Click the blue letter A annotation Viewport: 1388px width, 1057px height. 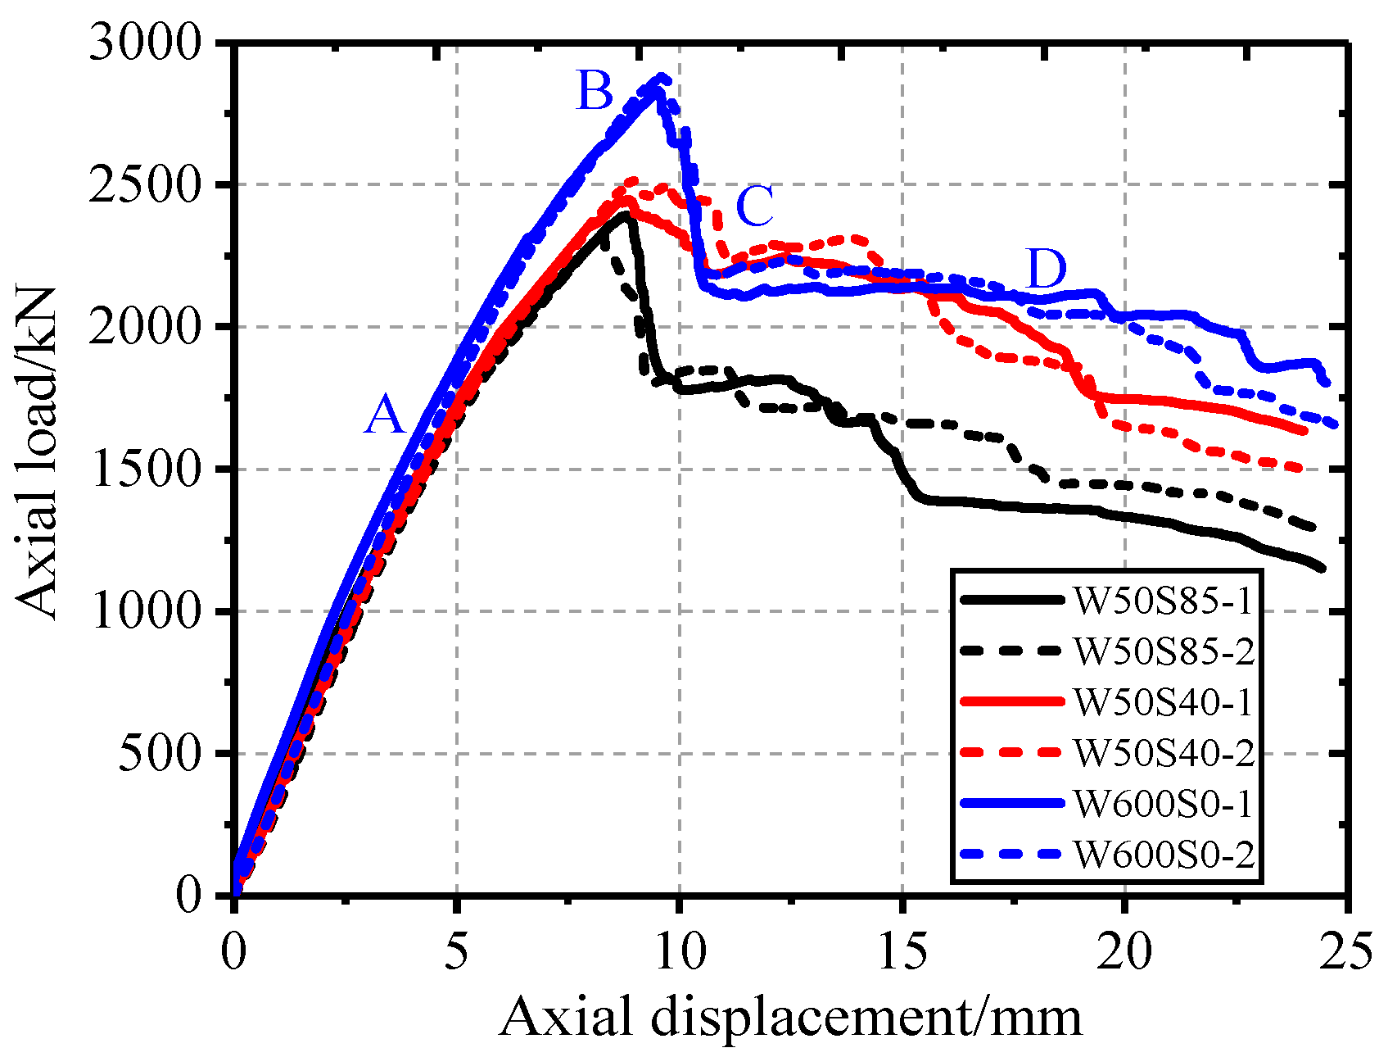385,415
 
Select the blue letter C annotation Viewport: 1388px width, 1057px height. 754,206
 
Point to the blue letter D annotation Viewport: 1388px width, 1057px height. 1046,268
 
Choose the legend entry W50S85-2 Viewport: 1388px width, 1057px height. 1163,651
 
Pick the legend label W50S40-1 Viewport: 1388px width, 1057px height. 1163,702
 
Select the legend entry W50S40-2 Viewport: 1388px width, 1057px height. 1163,753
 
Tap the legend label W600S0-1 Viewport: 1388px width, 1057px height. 1163,804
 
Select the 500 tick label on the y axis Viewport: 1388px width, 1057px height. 160,754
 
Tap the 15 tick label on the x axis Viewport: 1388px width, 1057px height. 902,952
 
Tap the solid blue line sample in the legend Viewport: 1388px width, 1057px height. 1012,804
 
